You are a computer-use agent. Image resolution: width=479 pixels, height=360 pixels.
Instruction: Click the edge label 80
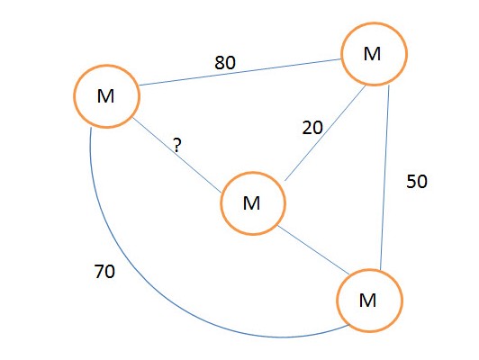click(225, 63)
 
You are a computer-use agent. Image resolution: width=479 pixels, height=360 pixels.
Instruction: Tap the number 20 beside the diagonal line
click(312, 128)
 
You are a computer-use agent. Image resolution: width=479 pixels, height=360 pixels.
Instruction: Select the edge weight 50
click(417, 182)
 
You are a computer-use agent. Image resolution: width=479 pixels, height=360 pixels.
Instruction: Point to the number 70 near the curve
click(104, 271)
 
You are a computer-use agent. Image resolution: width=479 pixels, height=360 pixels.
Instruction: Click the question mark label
click(177, 145)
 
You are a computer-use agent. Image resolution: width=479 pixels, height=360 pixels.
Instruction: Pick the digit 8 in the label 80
click(220, 63)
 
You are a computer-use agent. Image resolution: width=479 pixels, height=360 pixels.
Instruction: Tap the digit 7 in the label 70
click(99, 271)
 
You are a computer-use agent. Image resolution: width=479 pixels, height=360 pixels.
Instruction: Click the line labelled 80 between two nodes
click(240, 72)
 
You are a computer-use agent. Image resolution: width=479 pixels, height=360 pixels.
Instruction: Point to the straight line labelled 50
click(384, 177)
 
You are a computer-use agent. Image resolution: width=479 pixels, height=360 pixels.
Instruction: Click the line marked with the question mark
click(176, 156)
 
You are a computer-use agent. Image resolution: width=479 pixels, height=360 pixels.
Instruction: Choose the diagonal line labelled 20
click(325, 133)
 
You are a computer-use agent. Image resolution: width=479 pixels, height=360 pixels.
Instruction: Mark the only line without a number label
click(313, 250)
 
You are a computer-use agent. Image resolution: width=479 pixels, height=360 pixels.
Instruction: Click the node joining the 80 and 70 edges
click(106, 96)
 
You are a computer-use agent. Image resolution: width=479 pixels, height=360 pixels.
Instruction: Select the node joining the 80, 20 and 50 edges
click(374, 54)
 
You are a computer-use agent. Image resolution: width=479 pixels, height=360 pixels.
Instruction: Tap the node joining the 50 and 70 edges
click(370, 301)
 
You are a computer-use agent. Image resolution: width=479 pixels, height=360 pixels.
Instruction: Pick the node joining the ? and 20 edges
click(253, 203)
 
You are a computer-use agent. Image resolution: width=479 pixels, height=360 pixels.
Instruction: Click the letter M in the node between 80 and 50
click(372, 54)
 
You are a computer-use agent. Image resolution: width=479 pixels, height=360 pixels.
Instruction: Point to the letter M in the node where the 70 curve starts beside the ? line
click(105, 96)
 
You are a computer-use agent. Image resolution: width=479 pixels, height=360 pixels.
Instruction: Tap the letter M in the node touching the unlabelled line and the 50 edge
click(367, 301)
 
